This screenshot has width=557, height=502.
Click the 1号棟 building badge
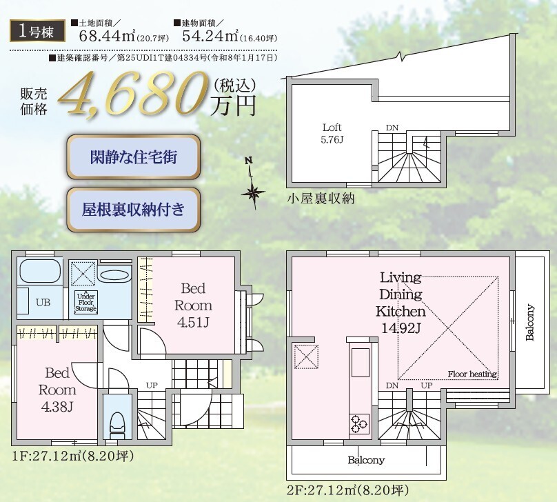(x=37, y=31)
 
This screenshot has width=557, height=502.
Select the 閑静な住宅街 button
(x=134, y=157)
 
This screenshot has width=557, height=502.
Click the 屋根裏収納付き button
(x=134, y=210)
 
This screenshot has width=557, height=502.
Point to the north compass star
(x=253, y=193)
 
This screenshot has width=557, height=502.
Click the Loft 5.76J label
(x=332, y=133)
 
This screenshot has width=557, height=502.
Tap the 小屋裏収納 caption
(x=321, y=198)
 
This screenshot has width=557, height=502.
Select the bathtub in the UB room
(x=40, y=271)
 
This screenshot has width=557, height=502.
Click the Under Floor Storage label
(x=86, y=302)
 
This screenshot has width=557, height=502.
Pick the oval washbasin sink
(x=114, y=275)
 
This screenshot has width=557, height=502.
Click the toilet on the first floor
(x=118, y=423)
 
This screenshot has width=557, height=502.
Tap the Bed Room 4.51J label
(x=194, y=305)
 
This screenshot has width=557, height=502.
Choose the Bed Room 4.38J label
(x=57, y=390)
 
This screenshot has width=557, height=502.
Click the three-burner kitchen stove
(x=359, y=423)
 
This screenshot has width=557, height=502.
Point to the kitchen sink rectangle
(x=361, y=363)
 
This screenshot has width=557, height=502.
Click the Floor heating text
(x=472, y=374)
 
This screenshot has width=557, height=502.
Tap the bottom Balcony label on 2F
(x=366, y=460)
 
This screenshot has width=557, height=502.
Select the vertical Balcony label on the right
(x=529, y=322)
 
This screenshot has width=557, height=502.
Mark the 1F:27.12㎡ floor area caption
(x=73, y=456)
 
